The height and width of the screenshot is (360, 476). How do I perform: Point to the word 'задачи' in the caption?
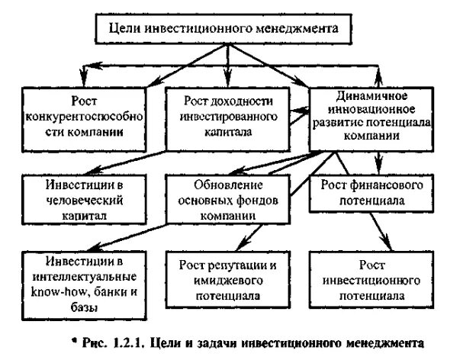click(244, 343)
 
